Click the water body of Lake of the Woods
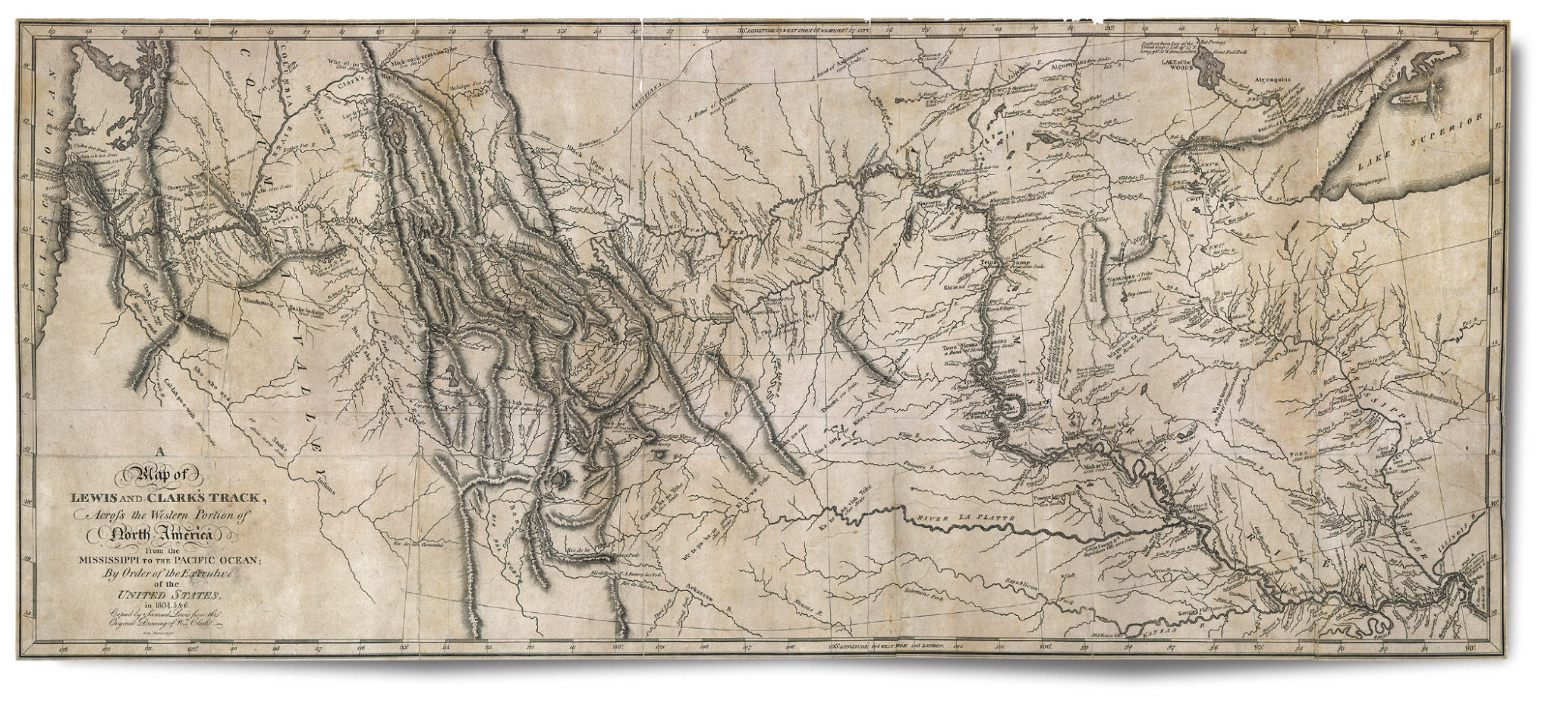click(x=1205, y=76)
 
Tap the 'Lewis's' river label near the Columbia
click(x=285, y=215)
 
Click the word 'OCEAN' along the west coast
click(x=52, y=106)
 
